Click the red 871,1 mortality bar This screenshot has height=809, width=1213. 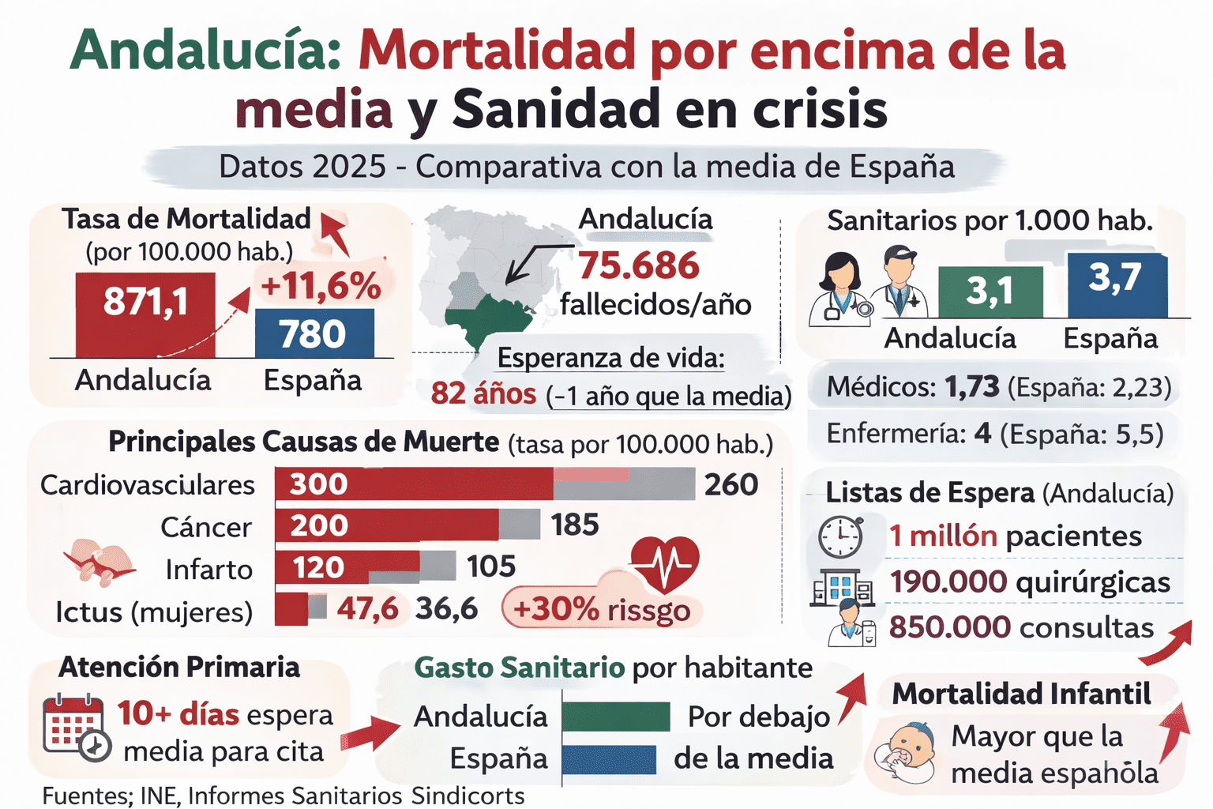coord(145,314)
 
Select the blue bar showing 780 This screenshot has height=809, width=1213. coord(314,333)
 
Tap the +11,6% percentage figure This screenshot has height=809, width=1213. coord(321,286)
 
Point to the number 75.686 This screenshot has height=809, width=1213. coord(638,265)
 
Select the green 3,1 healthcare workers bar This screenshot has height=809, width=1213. coord(990,292)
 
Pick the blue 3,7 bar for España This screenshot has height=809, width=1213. coord(1117,284)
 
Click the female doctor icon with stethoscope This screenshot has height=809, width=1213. coord(839,288)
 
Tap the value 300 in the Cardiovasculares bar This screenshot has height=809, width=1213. coord(318,484)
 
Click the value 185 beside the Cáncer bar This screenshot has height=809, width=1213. coord(575,525)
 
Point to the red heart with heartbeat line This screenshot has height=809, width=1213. coord(665,563)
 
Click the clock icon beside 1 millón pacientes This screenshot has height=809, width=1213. coord(840,536)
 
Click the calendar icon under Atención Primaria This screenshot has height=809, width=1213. coord(76,726)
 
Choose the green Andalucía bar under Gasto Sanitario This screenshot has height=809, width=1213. coord(616,717)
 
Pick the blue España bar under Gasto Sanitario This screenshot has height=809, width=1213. coord(609,759)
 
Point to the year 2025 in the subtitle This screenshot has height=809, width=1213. coord(349,167)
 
